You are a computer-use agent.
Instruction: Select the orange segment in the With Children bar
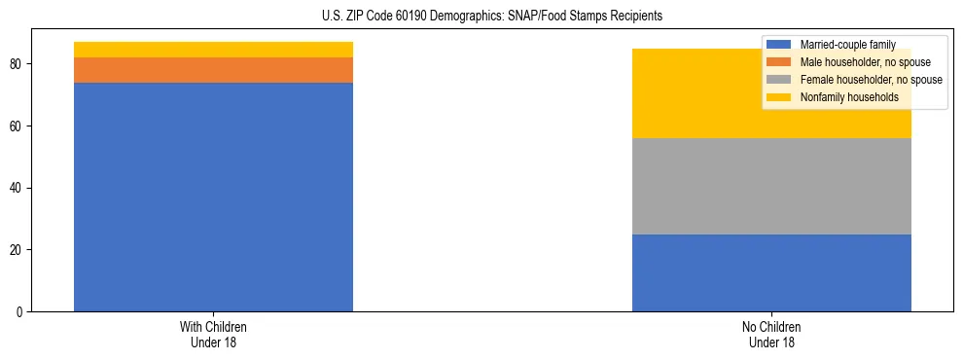[x=213, y=70]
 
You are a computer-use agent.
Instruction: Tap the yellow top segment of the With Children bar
[x=213, y=50]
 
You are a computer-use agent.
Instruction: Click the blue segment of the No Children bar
[x=771, y=272]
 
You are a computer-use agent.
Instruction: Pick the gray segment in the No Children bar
[x=771, y=186]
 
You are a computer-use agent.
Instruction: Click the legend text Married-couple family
[x=847, y=45]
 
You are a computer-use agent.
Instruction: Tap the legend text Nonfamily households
[x=843, y=97]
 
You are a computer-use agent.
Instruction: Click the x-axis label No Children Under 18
[x=771, y=335]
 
